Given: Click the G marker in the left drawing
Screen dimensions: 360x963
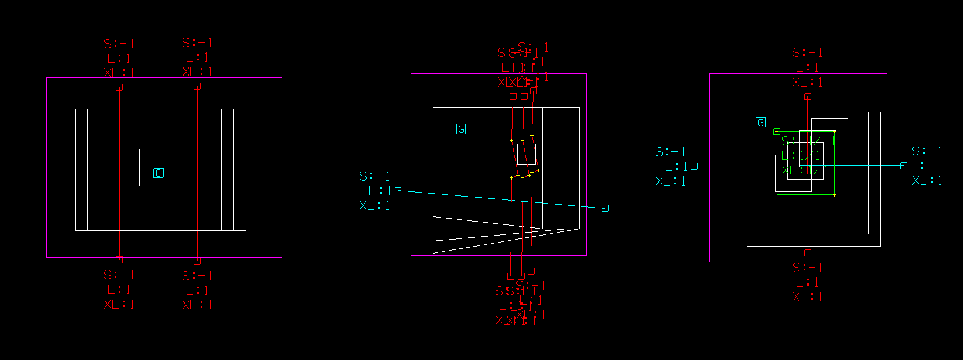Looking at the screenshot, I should pyautogui.click(x=158, y=173).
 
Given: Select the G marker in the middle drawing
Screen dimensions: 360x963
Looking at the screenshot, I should pyautogui.click(x=461, y=129).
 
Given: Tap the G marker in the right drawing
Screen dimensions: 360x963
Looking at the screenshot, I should pyautogui.click(x=761, y=123).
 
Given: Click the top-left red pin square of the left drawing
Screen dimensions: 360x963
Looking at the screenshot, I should pyautogui.click(x=119, y=87).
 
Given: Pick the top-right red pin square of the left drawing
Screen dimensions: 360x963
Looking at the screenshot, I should pyautogui.click(x=197, y=86).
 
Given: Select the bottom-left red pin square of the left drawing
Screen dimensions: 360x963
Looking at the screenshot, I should pyautogui.click(x=119, y=260).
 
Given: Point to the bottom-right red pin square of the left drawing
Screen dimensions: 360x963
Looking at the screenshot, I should pyautogui.click(x=197, y=261).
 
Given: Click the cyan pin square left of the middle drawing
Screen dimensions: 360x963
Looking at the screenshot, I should pyautogui.click(x=398, y=191).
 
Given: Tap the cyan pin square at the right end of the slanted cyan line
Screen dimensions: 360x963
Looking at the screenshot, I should pyautogui.click(x=605, y=208).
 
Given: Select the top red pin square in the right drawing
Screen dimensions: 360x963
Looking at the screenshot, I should pyautogui.click(x=808, y=97).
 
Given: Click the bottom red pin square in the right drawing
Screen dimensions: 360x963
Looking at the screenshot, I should pyautogui.click(x=808, y=253).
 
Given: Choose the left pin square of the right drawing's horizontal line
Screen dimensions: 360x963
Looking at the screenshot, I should pyautogui.click(x=694, y=166).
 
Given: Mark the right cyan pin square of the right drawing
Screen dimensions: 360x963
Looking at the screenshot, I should pyautogui.click(x=904, y=166).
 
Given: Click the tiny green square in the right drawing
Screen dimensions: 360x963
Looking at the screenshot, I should pyautogui.click(x=777, y=131).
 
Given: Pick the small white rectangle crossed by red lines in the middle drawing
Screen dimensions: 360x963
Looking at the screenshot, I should pyautogui.click(x=527, y=154).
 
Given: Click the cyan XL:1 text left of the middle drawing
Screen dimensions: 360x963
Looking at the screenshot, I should pyautogui.click(x=374, y=205).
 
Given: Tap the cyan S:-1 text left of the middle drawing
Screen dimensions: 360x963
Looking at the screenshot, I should pyautogui.click(x=374, y=176).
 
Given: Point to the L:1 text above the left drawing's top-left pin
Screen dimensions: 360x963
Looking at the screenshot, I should pyautogui.click(x=119, y=58).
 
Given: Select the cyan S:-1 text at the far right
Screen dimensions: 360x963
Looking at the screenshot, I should pyautogui.click(x=926, y=151).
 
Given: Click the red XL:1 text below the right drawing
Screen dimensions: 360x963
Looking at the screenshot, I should pyautogui.click(x=808, y=297).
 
